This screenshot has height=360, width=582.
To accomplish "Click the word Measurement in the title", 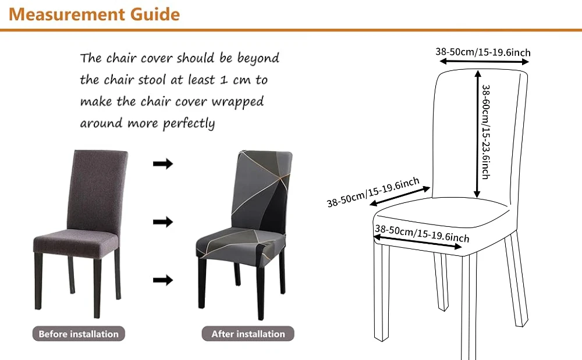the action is pyautogui.click(x=67, y=14).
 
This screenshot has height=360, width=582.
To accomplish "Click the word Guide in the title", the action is pyautogui.click(x=155, y=15).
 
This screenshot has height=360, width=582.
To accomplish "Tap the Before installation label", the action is pyautogui.click(x=79, y=334).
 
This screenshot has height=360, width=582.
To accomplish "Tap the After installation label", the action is pyautogui.click(x=248, y=334).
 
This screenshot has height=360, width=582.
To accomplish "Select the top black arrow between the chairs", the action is pyautogui.click(x=163, y=163).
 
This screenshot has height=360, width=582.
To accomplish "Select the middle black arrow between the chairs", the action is pyautogui.click(x=163, y=222).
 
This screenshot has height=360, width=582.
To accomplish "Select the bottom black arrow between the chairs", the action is pyautogui.click(x=163, y=280).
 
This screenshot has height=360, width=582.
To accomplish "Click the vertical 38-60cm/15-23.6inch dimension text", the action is pyautogui.click(x=486, y=132).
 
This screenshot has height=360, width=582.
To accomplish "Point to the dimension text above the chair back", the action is pyautogui.click(x=483, y=52).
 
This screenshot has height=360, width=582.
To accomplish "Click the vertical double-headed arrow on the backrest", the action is pyautogui.click(x=478, y=134).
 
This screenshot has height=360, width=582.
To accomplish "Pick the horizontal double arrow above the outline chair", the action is pyautogui.click(x=484, y=62).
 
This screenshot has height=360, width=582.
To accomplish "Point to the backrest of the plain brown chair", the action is pyautogui.click(x=97, y=189).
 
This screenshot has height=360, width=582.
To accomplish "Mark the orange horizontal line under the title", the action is pyautogui.click(x=291, y=30).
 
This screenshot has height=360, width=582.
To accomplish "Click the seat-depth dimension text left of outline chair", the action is pyautogui.click(x=373, y=192).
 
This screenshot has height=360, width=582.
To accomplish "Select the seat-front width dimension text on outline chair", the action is pyautogui.click(x=422, y=233).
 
